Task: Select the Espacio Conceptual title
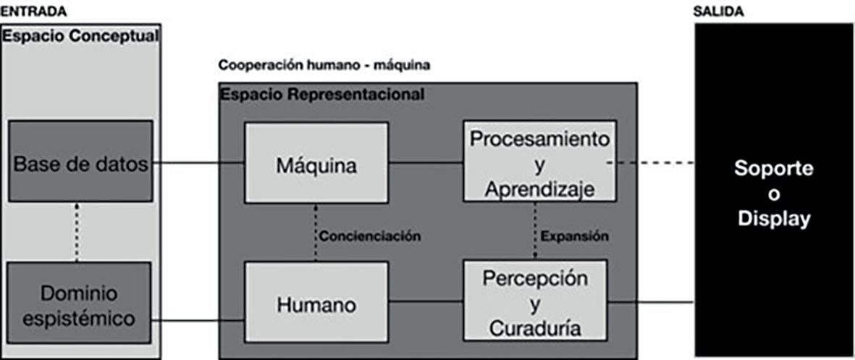80,35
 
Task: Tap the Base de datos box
80,162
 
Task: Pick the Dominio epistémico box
80,303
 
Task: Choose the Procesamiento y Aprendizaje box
539,163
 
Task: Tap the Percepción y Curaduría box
535,303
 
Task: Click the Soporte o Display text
773,193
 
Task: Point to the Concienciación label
370,236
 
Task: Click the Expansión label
575,236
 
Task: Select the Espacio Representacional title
323,94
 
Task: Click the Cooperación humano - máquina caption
324,65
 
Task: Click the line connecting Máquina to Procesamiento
426,162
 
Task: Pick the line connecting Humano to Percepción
426,304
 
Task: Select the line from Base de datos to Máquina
198,162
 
